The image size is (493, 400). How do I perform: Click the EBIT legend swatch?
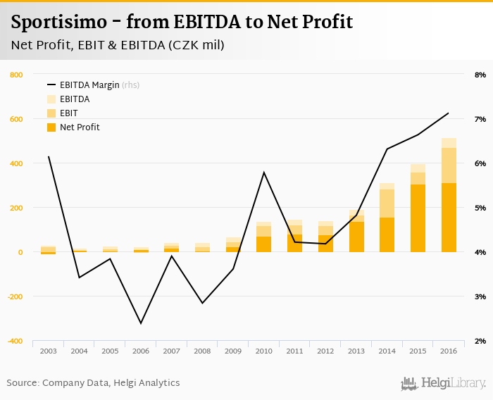pos(51,113)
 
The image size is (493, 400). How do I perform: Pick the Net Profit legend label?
pos(80,127)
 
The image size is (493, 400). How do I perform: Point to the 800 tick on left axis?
pos(15,75)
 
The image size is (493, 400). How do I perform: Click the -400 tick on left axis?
pos(14,341)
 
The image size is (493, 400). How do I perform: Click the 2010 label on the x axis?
pos(264,351)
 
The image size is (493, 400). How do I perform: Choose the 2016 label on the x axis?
pos(449,351)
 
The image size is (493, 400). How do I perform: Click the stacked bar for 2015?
pos(418,208)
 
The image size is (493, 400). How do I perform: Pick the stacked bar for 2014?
pos(387,218)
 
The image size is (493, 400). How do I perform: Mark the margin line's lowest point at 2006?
pos(141,323)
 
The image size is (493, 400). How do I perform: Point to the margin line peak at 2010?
pos(264,172)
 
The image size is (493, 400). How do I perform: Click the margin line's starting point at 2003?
pos(49,156)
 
